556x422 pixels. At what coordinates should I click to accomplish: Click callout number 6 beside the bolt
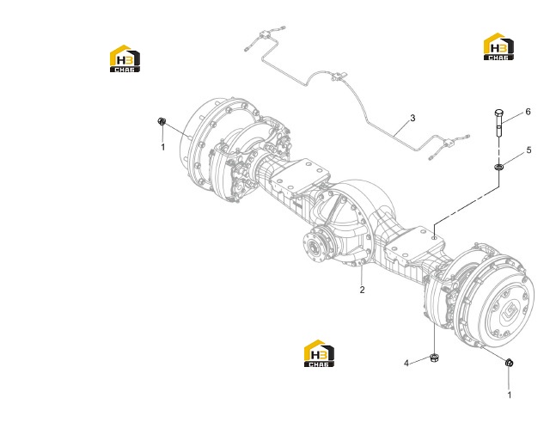[528, 112]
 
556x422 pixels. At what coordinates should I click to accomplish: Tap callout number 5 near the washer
[529, 150]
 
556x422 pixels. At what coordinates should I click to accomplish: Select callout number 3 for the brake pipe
[412, 118]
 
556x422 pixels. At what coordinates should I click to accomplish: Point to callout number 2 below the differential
[362, 290]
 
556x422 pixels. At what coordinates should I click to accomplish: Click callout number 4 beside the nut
[406, 364]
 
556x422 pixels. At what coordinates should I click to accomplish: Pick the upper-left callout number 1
[163, 147]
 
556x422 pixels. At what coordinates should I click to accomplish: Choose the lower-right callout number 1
[510, 394]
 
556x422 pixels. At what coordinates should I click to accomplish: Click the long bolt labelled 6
[498, 124]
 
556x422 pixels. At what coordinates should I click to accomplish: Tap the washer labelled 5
[499, 166]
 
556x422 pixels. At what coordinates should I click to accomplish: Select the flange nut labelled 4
[433, 358]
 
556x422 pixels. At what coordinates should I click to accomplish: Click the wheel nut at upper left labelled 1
[162, 121]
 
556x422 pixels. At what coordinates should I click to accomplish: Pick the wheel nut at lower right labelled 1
[510, 363]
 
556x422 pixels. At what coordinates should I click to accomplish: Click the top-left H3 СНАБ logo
[125, 58]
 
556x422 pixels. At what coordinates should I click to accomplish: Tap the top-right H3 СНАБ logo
[498, 46]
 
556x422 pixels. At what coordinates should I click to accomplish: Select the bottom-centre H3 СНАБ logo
[319, 353]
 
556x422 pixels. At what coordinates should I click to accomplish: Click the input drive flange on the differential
[316, 246]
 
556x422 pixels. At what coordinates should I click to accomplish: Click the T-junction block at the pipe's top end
[265, 34]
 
